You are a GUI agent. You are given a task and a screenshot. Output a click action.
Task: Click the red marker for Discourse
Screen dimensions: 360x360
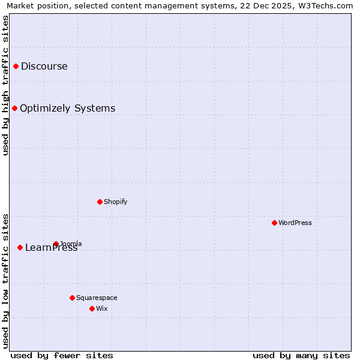(16, 66)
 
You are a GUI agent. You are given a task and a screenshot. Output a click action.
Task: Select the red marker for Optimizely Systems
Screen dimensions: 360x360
(14, 108)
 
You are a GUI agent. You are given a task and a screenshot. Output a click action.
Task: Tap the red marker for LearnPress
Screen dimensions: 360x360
(20, 247)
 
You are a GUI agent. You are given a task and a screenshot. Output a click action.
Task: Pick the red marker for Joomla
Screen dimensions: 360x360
(56, 244)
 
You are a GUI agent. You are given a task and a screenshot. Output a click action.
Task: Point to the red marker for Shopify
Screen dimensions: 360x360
(100, 202)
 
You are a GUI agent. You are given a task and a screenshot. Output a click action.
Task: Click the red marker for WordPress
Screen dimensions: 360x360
(274, 223)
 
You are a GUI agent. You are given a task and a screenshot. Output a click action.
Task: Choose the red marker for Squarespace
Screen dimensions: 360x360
(72, 298)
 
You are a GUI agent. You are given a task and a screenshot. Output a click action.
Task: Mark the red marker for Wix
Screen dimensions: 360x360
(92, 308)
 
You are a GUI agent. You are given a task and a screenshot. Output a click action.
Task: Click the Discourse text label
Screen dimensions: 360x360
(44, 66)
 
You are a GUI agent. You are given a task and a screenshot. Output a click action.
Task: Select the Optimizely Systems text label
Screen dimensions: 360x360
(67, 108)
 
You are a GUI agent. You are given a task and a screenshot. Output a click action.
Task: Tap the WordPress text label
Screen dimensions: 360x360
(295, 223)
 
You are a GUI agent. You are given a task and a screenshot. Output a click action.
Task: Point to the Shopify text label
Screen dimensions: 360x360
(116, 202)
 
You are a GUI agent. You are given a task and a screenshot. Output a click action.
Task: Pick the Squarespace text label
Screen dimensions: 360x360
(97, 298)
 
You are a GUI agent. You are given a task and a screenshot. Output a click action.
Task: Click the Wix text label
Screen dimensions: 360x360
(102, 308)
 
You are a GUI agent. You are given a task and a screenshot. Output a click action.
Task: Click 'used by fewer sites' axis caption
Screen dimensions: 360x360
(62, 355)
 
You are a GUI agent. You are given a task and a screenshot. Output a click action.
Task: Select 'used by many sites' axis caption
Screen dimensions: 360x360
(301, 355)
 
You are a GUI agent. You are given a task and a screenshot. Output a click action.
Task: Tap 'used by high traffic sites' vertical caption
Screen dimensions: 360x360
(5, 86)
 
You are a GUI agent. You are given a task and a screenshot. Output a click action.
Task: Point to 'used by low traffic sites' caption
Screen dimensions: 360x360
(5, 281)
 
